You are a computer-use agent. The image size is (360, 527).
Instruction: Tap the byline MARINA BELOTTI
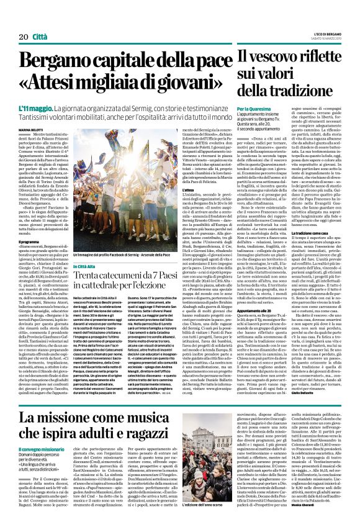click(35, 129)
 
